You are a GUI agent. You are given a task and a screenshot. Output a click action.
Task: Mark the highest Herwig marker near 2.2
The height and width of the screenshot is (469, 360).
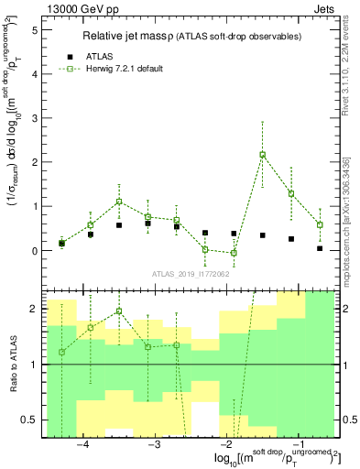pos(263,154)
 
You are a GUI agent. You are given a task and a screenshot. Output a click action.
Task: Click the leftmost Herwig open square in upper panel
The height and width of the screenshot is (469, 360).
pos(61,243)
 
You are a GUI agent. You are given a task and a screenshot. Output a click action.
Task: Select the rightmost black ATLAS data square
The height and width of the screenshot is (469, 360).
pos(320,248)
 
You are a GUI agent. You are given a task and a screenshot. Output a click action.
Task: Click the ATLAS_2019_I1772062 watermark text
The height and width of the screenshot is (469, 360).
pos(191,274)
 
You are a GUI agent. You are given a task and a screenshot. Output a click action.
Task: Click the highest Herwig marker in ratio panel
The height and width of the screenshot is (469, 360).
pos(119,311)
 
